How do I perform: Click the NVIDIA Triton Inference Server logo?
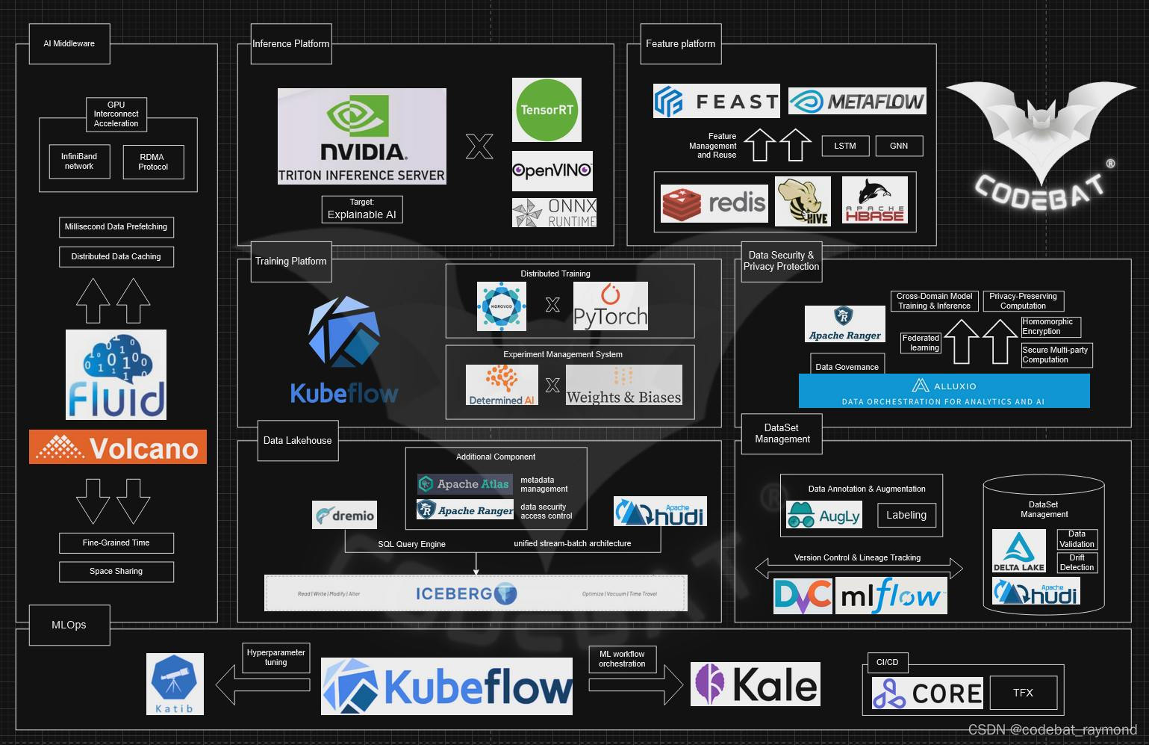[361, 136]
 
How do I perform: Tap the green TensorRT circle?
[547, 110]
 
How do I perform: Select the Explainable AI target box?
[362, 209]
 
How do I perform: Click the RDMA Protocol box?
[153, 162]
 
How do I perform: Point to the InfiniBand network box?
[79, 161]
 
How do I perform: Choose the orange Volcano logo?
[118, 447]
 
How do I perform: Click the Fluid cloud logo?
[116, 374]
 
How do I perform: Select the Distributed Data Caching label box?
[116, 256]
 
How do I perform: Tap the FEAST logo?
[716, 101]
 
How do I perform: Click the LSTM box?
[845, 146]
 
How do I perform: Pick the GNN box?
[899, 146]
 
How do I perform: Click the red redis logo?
[714, 203]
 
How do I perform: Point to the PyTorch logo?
[610, 306]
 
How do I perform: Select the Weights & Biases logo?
[623, 386]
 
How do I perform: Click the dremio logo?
[344, 515]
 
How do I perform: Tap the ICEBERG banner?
[476, 593]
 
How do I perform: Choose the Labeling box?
[906, 515]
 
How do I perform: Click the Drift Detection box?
[1077, 563]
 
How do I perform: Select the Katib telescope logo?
[175, 684]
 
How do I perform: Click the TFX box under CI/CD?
[1023, 693]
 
